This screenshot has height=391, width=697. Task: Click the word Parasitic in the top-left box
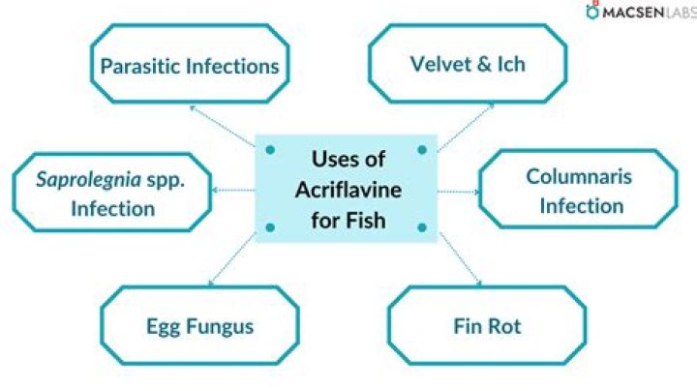140,66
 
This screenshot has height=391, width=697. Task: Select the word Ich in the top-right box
511,65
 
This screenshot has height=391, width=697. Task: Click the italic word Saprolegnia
88,179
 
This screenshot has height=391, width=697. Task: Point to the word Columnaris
579,177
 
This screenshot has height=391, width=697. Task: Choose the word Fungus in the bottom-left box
220,327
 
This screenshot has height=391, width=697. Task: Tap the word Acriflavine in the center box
348,190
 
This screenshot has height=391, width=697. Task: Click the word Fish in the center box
366,221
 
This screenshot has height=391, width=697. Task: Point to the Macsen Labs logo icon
592,11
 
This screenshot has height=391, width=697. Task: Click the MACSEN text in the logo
633,13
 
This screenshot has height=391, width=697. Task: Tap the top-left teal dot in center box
270,150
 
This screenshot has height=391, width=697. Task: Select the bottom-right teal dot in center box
422,228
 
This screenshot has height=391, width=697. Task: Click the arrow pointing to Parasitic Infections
223,126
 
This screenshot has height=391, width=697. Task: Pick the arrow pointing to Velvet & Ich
467,128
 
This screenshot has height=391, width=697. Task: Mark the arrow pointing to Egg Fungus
232,259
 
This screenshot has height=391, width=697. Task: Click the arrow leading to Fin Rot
461,259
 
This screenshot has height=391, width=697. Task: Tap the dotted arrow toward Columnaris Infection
459,192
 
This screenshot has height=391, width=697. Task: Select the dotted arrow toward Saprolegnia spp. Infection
234,190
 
